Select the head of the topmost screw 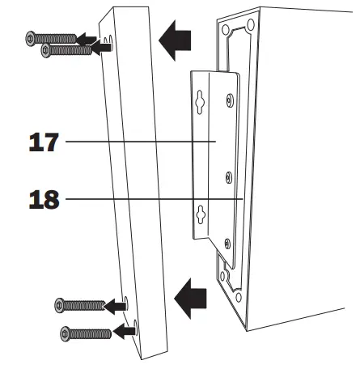tap(32, 37)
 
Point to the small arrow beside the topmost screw tap(87, 37)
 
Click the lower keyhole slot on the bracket tap(200, 214)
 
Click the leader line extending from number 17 tap(129, 141)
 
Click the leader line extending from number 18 tap(146, 198)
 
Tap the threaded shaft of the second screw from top tap(73, 49)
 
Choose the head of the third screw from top tap(59, 305)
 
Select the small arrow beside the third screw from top tap(117, 305)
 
